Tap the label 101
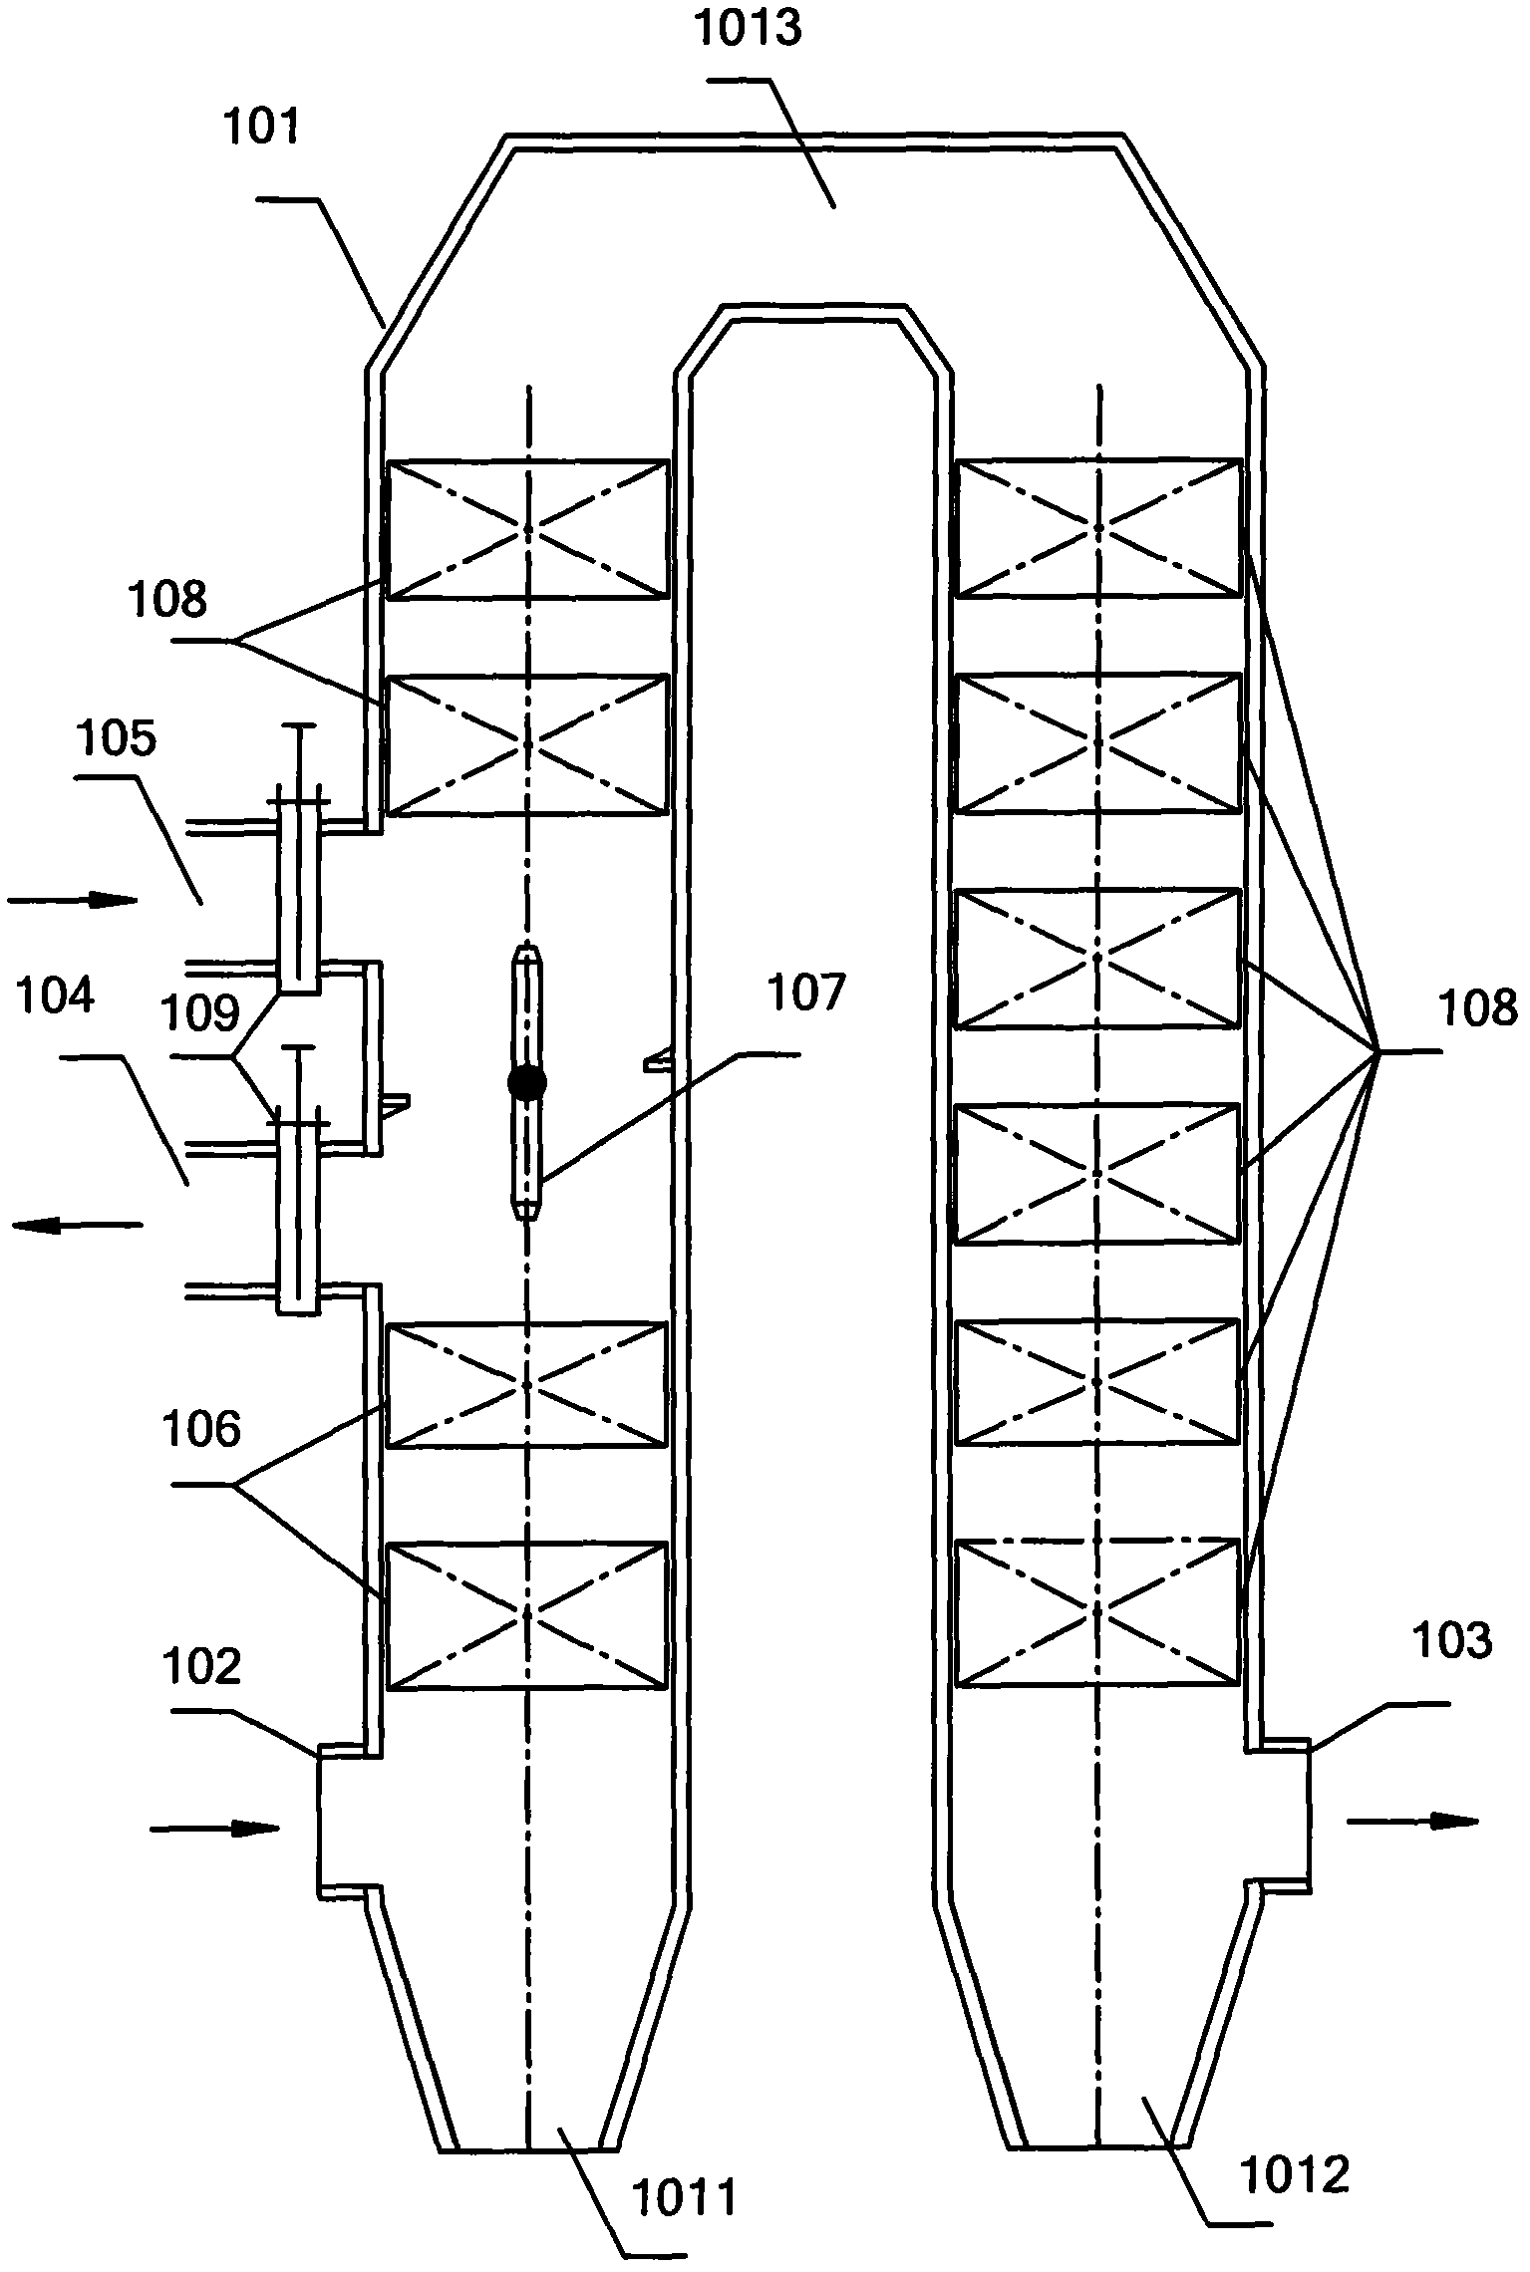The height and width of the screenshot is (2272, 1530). tap(261, 130)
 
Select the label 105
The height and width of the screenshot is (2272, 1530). tap(117, 740)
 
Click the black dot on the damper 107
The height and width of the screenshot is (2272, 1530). tap(527, 1083)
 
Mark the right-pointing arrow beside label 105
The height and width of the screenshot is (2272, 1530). tap(72, 901)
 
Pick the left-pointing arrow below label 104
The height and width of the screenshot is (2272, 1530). tap(77, 1226)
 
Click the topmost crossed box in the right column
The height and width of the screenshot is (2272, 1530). tap(1099, 528)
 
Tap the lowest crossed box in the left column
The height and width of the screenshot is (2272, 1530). tap(526, 1616)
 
